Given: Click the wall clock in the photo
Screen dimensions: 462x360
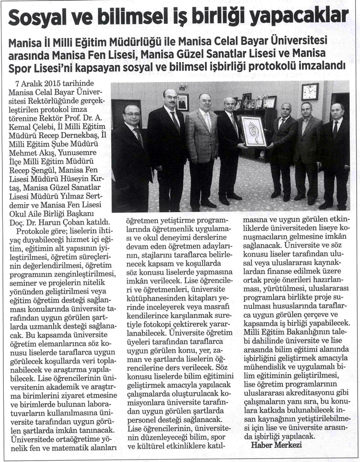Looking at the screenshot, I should click(x=310, y=91).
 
